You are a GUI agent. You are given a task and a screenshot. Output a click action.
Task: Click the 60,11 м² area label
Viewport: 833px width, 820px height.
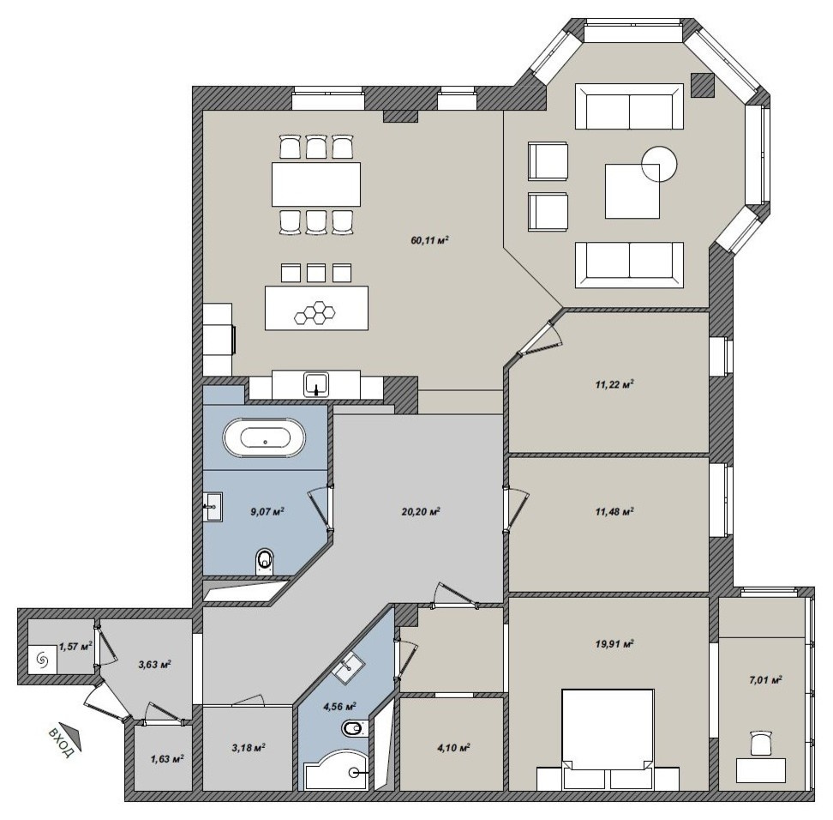click(x=429, y=240)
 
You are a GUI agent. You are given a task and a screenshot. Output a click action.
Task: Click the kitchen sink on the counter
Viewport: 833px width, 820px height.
click(x=316, y=384)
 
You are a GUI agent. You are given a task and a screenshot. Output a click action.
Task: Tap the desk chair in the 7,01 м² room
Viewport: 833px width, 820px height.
click(x=761, y=743)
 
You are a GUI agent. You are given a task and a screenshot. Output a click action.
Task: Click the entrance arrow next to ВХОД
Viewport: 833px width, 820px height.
click(x=70, y=732)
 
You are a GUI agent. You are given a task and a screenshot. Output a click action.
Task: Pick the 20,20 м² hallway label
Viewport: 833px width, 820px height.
click(x=421, y=512)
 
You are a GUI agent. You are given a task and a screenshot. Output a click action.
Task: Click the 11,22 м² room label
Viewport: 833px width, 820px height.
click(x=614, y=384)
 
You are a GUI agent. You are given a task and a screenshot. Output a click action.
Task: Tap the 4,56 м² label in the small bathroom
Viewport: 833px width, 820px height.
click(x=339, y=707)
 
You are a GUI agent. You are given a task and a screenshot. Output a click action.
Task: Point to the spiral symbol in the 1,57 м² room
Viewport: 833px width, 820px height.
click(x=42, y=660)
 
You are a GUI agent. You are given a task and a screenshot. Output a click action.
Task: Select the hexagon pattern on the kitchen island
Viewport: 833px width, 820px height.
click(x=316, y=313)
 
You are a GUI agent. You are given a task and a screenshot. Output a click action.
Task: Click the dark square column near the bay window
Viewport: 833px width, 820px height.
click(x=703, y=85)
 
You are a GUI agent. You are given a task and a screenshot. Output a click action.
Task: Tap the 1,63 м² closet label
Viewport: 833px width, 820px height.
click(x=167, y=759)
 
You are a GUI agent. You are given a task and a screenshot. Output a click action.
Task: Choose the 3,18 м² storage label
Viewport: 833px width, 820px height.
click(x=248, y=747)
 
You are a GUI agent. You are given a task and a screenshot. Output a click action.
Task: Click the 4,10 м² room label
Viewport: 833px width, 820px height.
click(x=452, y=748)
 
